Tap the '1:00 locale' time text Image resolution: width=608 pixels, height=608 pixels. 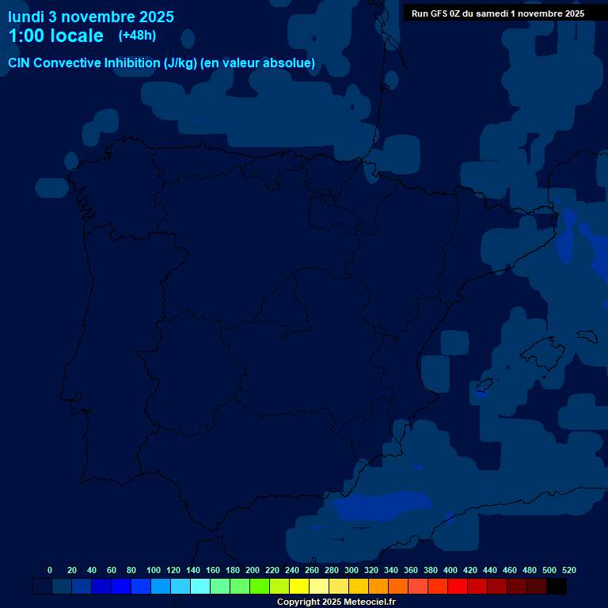coord(55,36)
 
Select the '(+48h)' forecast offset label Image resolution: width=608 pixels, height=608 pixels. coord(138,36)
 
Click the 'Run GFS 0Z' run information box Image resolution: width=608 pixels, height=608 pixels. coord(498,13)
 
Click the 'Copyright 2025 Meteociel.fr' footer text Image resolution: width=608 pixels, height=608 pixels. coord(336,602)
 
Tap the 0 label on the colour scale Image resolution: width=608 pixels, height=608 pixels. coord(50,570)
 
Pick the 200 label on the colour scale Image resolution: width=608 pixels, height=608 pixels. coord(253,570)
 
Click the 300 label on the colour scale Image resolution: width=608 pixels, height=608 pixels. coord(351,570)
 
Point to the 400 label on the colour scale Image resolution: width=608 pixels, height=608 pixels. coord(450,570)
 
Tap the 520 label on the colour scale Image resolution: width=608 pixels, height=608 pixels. coord(568,570)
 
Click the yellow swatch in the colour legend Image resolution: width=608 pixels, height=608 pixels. coord(299,587)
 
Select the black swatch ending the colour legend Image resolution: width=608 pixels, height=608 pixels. coord(557,587)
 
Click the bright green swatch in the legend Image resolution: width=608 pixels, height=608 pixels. coord(260,587)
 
